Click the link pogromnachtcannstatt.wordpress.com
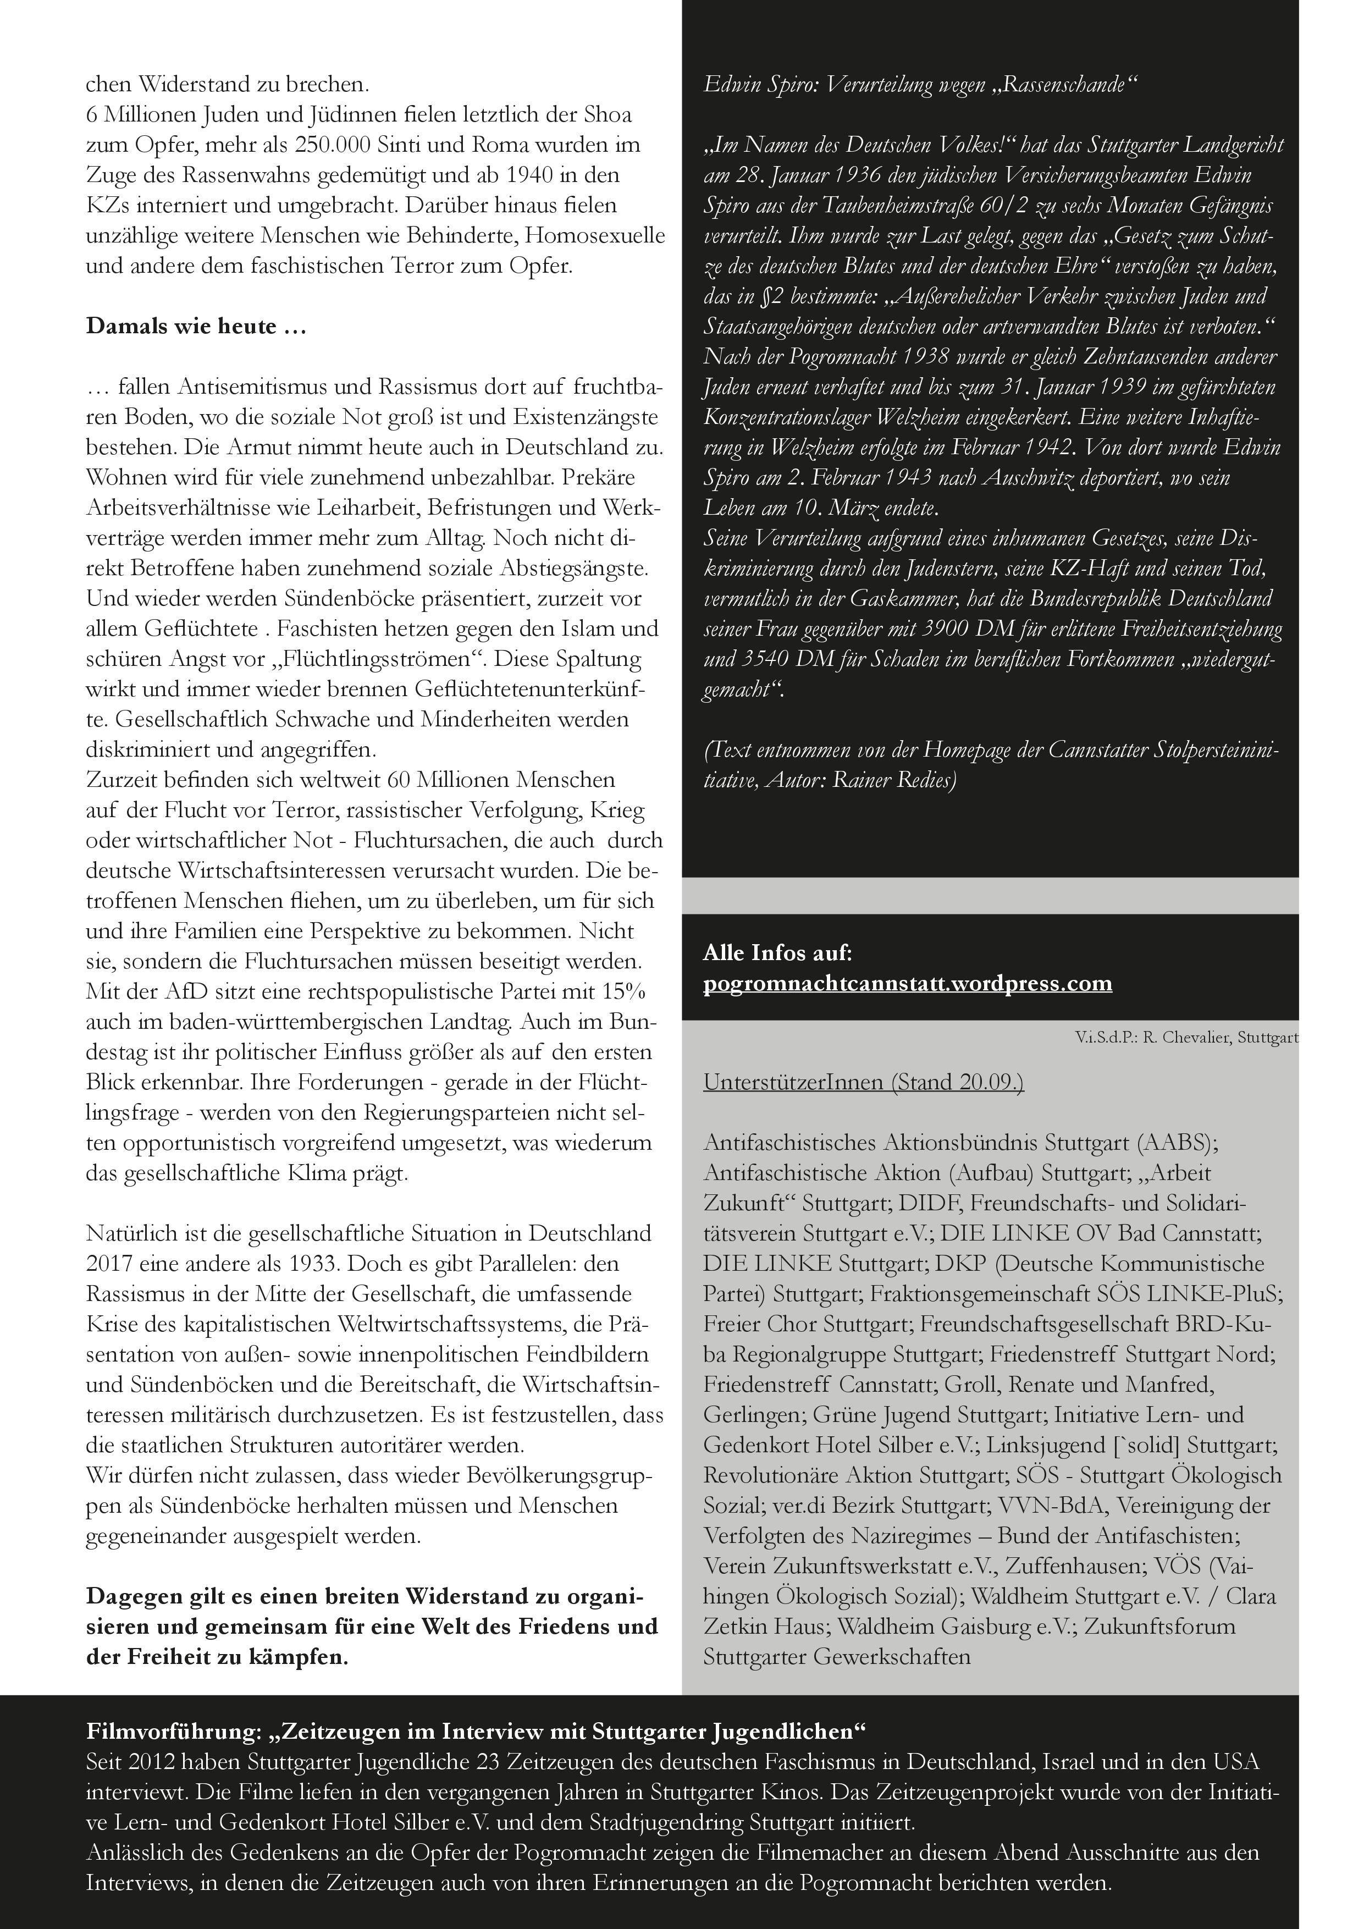click(907, 983)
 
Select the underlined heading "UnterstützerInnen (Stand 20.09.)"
click(863, 1082)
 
